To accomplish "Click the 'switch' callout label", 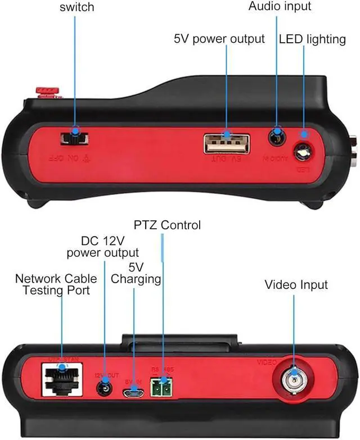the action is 76,7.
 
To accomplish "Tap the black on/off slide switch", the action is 74,138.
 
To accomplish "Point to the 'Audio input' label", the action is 280,7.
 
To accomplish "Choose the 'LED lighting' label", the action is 312,39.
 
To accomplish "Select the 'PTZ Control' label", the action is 167,225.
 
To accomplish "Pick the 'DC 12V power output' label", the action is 102,246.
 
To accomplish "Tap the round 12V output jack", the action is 105,388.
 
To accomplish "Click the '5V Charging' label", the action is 136,272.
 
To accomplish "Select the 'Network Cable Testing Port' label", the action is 56,284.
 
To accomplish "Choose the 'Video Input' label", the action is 296,285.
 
